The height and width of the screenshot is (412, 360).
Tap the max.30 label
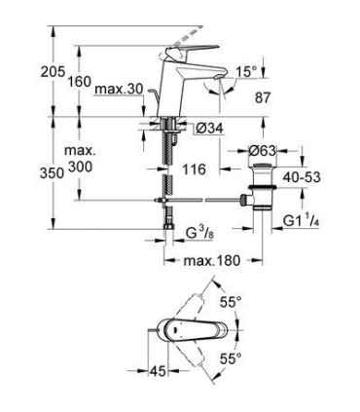(x=120, y=90)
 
